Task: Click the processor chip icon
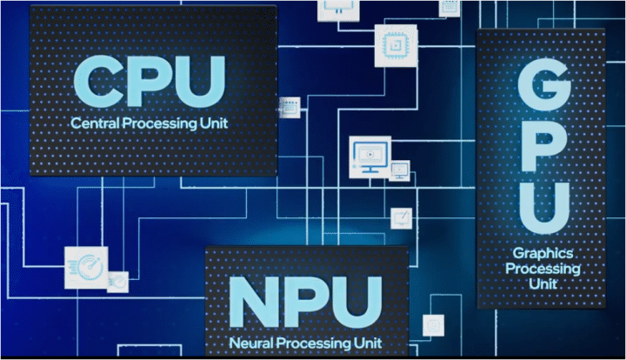point(391,44)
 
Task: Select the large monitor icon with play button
point(369,157)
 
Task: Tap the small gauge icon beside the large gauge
point(118,282)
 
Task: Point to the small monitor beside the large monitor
point(400,171)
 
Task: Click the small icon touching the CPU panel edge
point(288,107)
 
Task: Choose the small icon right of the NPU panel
point(433,325)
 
